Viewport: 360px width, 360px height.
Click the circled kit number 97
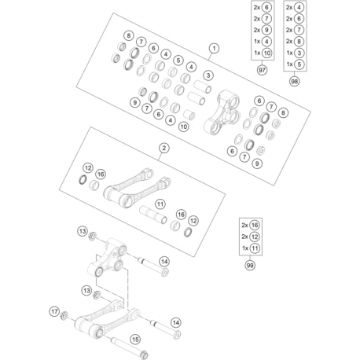262,70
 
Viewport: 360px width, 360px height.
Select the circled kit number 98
295,81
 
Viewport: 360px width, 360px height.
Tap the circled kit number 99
250,266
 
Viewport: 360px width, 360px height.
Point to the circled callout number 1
214,48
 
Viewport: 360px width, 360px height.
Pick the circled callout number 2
164,148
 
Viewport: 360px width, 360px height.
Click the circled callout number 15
135,340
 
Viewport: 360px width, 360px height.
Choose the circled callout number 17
54,312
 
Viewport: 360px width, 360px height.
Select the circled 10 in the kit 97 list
266,53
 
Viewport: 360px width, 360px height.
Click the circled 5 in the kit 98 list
299,64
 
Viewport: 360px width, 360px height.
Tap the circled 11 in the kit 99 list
255,248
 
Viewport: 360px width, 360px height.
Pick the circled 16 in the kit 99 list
255,225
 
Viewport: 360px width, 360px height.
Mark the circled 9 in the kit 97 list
266,30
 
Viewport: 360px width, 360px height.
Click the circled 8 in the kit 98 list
299,42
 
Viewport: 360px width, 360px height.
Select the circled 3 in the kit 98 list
299,53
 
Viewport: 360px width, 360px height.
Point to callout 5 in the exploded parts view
178,61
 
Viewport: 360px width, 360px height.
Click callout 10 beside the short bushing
184,127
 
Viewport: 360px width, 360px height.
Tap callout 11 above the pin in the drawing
160,204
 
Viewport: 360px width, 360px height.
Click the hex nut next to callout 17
64,315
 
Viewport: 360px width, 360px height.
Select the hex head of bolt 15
144,355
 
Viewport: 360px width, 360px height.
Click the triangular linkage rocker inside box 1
222,112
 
